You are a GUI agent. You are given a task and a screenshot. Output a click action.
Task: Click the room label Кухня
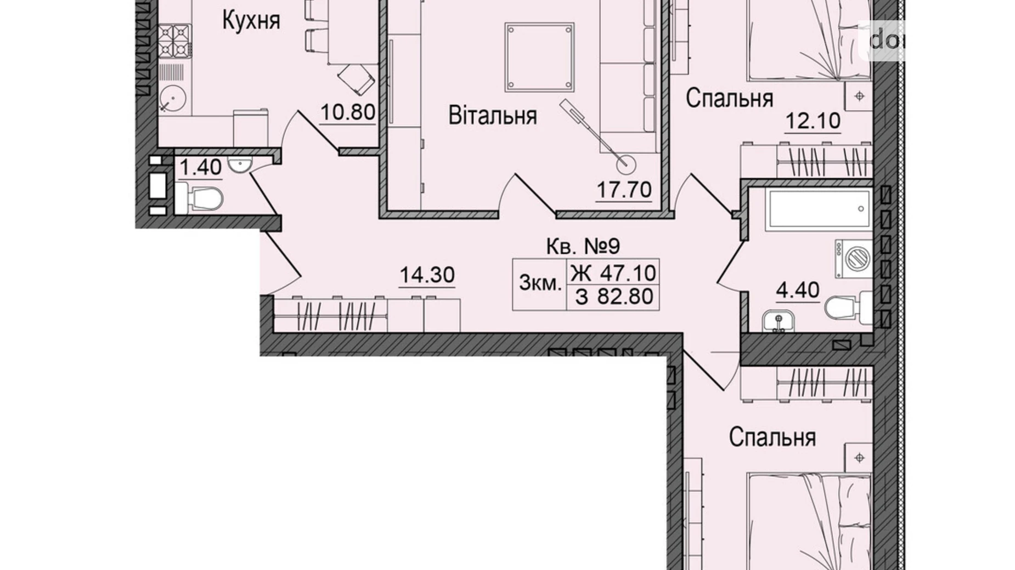point(251,21)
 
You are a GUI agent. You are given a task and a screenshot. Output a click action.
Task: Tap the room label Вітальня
point(492,116)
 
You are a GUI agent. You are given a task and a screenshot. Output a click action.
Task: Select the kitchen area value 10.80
point(347,112)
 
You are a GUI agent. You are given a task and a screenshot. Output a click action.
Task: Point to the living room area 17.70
point(624,190)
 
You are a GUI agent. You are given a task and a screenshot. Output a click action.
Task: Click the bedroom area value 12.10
point(813,121)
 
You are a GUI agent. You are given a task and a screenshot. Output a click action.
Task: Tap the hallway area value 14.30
point(427,275)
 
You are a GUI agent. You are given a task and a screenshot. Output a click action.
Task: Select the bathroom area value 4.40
point(797,290)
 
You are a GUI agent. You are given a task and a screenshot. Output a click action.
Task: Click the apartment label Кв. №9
point(583,247)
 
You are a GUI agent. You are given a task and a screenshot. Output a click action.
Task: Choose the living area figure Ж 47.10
point(613,272)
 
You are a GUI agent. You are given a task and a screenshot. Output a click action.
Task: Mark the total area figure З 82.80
point(614,297)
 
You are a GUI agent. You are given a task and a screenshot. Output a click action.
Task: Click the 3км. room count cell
point(540,284)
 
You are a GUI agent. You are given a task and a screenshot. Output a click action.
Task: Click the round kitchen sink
point(173,99)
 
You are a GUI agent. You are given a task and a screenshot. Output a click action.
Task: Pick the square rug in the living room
point(540,57)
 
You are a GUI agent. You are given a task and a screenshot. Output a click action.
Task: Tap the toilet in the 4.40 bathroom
point(846,308)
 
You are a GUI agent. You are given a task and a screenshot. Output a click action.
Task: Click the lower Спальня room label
point(772,437)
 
